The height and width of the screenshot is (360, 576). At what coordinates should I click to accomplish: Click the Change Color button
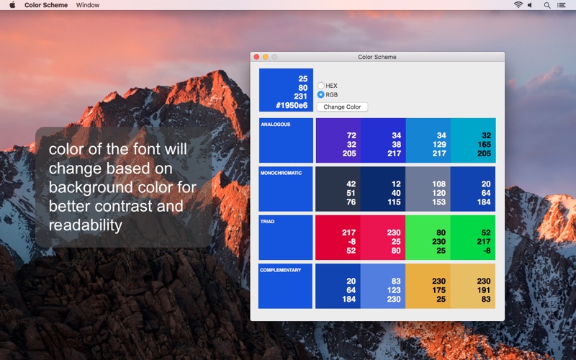pyautogui.click(x=342, y=107)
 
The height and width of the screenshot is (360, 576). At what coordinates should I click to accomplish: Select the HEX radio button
pyautogui.click(x=320, y=86)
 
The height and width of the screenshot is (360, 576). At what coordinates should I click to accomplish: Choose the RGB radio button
pyautogui.click(x=320, y=94)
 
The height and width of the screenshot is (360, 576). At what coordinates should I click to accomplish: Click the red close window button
pyautogui.click(x=256, y=57)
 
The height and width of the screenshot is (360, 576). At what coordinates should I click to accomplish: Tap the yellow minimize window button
pyautogui.click(x=265, y=57)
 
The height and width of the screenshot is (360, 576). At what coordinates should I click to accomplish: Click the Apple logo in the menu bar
pyautogui.click(x=12, y=5)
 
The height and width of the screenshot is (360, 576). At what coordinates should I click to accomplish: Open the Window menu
pyautogui.click(x=87, y=5)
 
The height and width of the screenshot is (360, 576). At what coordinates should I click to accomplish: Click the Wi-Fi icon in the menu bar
pyautogui.click(x=518, y=5)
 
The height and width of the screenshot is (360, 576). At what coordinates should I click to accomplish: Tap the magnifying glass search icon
pyautogui.click(x=547, y=5)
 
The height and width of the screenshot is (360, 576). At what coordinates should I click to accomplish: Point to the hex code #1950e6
pyautogui.click(x=292, y=105)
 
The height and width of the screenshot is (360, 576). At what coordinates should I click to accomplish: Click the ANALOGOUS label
pyautogui.click(x=276, y=125)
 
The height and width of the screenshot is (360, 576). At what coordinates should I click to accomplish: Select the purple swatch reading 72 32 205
pyautogui.click(x=338, y=140)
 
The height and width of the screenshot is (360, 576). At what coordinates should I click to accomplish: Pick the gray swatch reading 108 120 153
pyautogui.click(x=428, y=189)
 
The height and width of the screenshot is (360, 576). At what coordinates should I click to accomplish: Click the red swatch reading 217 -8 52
pyautogui.click(x=338, y=238)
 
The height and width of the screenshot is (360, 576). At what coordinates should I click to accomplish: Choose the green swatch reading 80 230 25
pyautogui.click(x=428, y=238)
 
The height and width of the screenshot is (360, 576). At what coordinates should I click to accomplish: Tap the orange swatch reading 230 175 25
pyautogui.click(x=428, y=286)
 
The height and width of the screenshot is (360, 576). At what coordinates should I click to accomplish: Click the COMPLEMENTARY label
pyautogui.click(x=281, y=270)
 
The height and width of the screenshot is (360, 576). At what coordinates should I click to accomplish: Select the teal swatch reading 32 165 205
pyautogui.click(x=473, y=140)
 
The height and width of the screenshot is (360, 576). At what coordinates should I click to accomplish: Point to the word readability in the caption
pyautogui.click(x=85, y=225)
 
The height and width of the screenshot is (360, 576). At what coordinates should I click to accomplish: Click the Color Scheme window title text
pyautogui.click(x=377, y=57)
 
